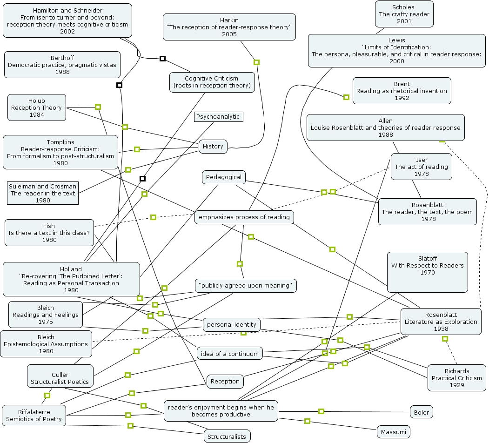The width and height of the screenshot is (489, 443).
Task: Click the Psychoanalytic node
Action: (218, 117)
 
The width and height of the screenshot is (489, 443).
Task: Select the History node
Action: (213, 147)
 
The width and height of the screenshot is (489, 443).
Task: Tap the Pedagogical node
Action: (224, 177)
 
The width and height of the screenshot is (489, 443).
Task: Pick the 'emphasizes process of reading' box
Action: (244, 217)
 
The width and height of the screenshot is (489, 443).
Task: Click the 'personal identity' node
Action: (232, 325)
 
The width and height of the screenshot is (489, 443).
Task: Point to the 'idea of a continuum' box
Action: (230, 354)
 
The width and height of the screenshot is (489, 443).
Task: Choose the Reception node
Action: (225, 382)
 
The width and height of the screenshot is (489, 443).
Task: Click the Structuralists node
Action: (227, 436)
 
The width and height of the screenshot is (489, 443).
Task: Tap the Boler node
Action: (422, 412)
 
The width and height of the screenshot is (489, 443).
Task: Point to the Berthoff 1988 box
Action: (62, 65)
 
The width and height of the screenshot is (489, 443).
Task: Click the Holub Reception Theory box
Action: (37, 108)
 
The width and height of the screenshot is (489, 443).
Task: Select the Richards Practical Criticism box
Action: (457, 378)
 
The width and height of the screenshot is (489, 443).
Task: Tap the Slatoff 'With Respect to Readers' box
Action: (427, 272)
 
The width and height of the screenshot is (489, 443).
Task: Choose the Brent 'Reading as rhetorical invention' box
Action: (402, 91)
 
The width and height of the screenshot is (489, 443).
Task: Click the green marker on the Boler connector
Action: (321, 411)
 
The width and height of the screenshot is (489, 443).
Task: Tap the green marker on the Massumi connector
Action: (307, 421)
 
